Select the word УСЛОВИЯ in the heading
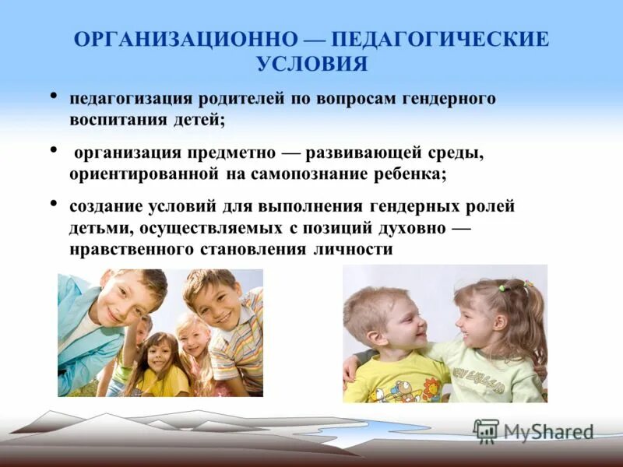coord(311,65)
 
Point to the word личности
coord(354,249)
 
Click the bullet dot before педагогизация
coord(54,97)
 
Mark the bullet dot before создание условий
coord(54,204)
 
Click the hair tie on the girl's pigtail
coord(502,288)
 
